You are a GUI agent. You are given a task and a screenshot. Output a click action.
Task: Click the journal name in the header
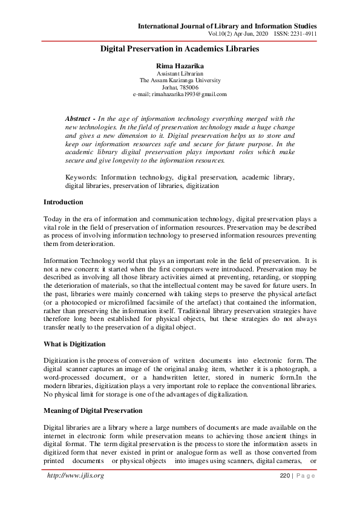pyautogui.click(x=227, y=27)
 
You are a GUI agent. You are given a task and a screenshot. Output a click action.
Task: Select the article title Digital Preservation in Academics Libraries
pyautogui.click(x=180, y=48)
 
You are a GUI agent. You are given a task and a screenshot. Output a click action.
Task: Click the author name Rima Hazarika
pyautogui.click(x=179, y=65)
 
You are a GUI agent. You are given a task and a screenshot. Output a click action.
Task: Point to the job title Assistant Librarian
pyautogui.click(x=180, y=73)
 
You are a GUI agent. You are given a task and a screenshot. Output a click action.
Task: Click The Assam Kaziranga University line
pyautogui.click(x=180, y=80)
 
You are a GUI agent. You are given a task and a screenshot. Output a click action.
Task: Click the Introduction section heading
pyautogui.click(x=64, y=202)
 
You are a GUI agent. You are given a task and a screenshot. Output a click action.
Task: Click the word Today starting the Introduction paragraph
pyautogui.click(x=53, y=218)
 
